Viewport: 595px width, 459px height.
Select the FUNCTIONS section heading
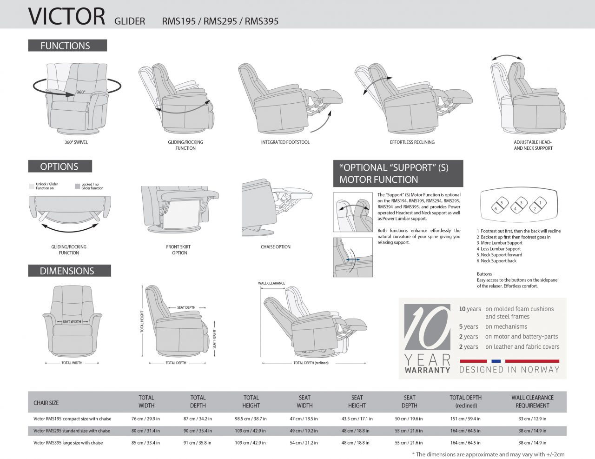coord(65,46)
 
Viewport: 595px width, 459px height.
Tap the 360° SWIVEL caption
coord(76,142)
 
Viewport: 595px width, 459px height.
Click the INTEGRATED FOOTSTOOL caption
coord(285,142)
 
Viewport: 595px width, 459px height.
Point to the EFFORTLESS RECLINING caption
coord(412,142)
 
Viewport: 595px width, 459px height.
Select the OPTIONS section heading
coord(59,166)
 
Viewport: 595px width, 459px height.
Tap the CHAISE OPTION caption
coord(275,247)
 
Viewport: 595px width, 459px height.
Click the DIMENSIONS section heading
coord(67,271)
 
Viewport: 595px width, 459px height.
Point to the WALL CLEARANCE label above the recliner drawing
coord(271,283)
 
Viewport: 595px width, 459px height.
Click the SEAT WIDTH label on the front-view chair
coord(72,321)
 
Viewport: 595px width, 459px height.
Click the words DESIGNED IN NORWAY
coord(509,370)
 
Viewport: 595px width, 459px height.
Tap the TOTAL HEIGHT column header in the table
coord(251,401)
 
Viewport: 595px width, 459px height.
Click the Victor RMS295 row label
coord(72,431)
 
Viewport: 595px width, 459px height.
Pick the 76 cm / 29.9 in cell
coord(145,419)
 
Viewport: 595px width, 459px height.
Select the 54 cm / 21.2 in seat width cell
coord(304,443)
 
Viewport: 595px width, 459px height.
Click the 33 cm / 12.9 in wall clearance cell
coord(532,419)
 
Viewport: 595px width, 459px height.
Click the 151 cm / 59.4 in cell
coord(465,419)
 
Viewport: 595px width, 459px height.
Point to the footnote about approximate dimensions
coord(488,454)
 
